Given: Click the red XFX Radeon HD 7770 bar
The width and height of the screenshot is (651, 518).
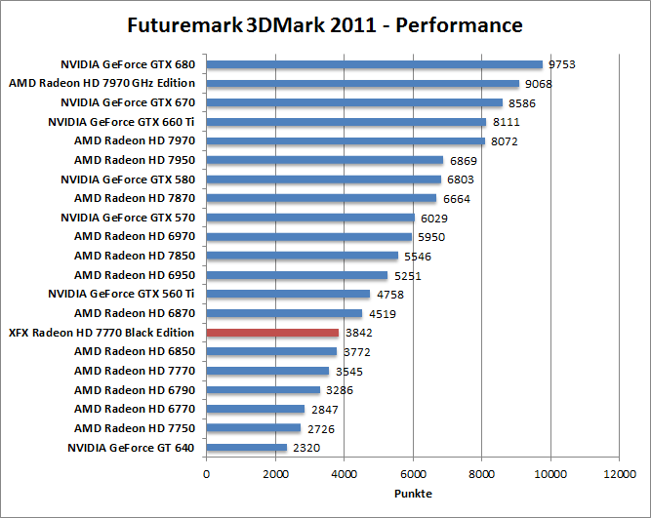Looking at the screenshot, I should (x=272, y=333).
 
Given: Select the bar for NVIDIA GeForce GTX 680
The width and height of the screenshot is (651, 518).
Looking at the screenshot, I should (x=374, y=64).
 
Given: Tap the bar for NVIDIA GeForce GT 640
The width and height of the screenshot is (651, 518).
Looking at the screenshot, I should (x=246, y=448).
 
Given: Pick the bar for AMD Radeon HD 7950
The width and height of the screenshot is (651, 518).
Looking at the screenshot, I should (x=324, y=160).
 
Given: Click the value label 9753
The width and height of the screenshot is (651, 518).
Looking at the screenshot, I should (x=562, y=64).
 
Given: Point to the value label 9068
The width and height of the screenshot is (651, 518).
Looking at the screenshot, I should (x=539, y=84).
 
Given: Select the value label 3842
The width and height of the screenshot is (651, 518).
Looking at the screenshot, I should (x=359, y=333).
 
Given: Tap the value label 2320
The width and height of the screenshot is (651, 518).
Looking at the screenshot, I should (x=306, y=448).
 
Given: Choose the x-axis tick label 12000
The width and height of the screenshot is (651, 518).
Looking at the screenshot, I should (x=619, y=474).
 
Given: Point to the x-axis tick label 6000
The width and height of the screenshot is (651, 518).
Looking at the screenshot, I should (x=413, y=474).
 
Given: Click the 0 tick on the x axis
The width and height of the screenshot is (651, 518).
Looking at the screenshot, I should (x=206, y=474).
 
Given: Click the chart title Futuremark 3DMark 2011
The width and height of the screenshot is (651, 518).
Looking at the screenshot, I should (x=325, y=24).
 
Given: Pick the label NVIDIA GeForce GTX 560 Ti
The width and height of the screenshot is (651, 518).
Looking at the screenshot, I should (x=121, y=294).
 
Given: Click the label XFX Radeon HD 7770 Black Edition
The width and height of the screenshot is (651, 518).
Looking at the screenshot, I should (x=102, y=333).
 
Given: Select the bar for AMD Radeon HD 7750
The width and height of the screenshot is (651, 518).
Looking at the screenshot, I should (x=253, y=428).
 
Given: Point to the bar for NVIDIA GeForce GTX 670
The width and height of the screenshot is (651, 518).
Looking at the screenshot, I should (x=354, y=102).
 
